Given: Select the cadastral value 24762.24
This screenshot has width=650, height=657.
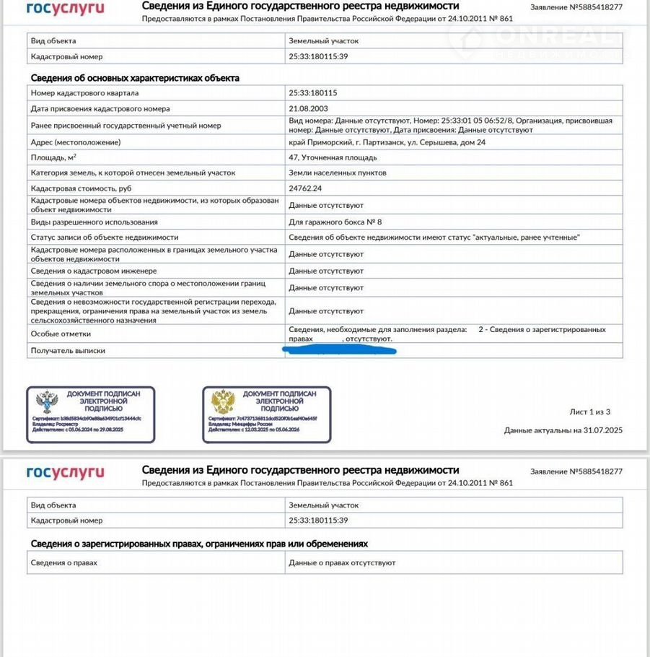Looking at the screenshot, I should pos(304,188).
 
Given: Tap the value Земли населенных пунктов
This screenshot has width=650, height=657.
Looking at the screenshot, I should pos(338,173).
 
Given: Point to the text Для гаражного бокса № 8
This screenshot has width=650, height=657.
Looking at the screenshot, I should pos(335,222).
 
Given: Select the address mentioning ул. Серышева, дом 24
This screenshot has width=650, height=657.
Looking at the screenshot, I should pos(387,142).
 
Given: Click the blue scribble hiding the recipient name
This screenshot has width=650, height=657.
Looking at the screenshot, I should pos(339,350).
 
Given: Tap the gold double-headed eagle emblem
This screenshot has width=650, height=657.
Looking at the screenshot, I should pos(222,401).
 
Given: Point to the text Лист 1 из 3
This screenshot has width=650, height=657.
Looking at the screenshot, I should pos(589,412).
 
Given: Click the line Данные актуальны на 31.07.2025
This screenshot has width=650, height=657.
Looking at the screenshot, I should pos(563,430).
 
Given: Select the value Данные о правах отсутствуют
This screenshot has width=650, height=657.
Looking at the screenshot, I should pos(342,562).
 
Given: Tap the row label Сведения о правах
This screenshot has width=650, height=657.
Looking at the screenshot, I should pos(63,562).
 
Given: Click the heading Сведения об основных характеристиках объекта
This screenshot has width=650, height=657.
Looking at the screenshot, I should pos(135,78).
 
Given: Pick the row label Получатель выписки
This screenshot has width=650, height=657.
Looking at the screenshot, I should pos(68,350).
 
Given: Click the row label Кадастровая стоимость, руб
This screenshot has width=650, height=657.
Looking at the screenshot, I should pos(82,188).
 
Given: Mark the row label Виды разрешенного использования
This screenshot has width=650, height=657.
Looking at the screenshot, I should pos(94,222).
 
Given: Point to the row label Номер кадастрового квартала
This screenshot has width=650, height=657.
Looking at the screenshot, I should pos(84,93).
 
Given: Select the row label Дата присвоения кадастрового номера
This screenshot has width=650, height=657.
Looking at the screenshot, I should pos(100,108).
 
